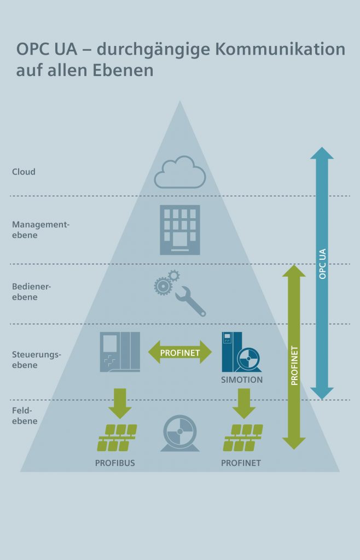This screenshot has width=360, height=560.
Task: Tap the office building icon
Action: tap(180, 230)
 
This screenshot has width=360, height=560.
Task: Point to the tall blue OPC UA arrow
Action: tap(322, 273)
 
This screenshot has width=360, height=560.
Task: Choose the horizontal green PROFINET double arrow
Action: tap(179, 353)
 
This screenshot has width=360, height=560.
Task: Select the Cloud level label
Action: tap(24, 172)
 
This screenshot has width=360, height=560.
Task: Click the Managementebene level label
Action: tap(41, 230)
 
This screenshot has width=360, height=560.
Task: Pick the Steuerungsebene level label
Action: tap(37, 359)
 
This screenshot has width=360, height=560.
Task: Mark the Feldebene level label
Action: tap(25, 415)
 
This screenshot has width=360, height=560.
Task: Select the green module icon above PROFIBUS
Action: tap(117, 437)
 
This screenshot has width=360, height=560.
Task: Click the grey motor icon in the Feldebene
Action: tap(179, 434)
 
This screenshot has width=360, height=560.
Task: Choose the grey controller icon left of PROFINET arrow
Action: tap(119, 352)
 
